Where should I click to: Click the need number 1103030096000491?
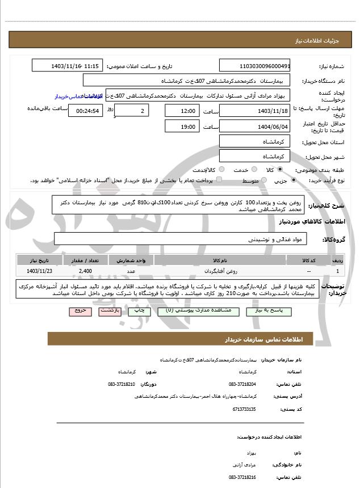coord(254,66)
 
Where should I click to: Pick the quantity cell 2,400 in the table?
coord(85,271)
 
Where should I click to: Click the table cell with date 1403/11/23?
coord(38,271)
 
